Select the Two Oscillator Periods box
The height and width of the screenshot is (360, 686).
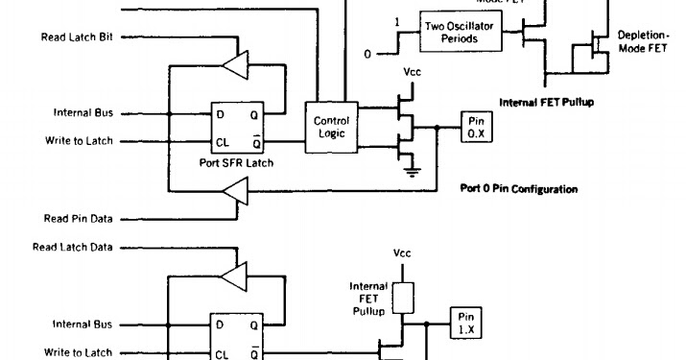(459, 32)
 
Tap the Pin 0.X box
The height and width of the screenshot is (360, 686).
(477, 127)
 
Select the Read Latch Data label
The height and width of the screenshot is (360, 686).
(72, 247)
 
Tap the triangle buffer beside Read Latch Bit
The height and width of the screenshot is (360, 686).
(234, 65)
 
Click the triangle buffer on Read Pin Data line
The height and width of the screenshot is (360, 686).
(234, 196)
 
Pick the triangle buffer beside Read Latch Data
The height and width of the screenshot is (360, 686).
(234, 276)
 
